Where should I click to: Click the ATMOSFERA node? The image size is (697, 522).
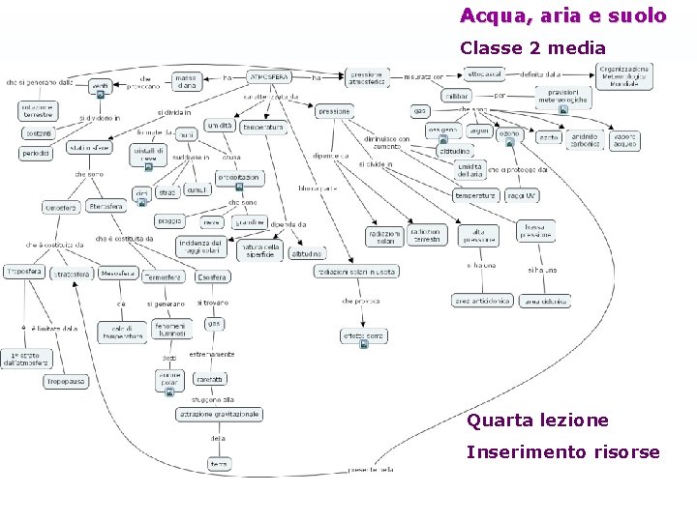point(270,76)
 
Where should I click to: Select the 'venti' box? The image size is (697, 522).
point(100,87)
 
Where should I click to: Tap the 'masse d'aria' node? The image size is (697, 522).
point(187,81)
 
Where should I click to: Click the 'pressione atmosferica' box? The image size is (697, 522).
point(368,78)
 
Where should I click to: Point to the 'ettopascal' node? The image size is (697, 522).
point(484,73)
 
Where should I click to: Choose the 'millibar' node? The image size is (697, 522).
point(457,96)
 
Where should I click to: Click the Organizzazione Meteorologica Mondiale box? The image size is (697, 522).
point(623,76)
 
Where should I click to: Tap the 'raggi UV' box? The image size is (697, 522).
point(523,195)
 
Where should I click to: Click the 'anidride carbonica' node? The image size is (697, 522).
point(583,138)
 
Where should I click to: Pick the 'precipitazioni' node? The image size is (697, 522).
point(238,178)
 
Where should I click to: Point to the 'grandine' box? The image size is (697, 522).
point(249,222)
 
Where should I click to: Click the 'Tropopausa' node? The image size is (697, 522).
point(66,383)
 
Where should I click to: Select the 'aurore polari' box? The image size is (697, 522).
point(170,379)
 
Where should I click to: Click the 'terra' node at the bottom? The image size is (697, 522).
point(220,465)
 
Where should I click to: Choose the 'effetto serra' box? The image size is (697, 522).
point(362,336)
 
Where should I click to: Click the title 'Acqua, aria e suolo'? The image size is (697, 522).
point(562,15)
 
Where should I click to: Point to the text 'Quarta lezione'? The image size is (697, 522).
point(537,420)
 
